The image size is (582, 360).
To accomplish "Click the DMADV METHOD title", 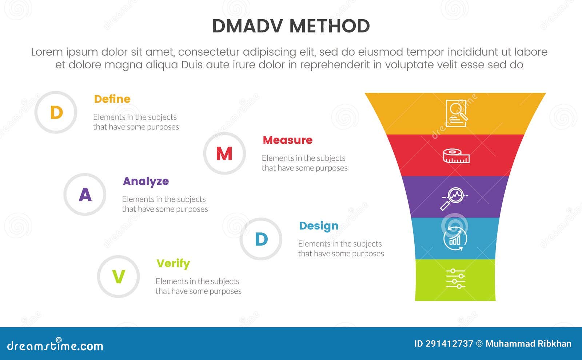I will (291, 26).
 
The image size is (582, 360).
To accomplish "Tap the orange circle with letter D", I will (56, 112).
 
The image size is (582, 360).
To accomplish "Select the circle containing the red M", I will (224, 153).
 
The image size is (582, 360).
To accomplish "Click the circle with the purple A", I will (85, 195).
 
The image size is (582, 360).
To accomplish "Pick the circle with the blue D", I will (261, 239).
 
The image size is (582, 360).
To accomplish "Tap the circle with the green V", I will (119, 277).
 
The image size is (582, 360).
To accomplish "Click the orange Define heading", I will (112, 99).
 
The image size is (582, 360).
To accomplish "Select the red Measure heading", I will (287, 140).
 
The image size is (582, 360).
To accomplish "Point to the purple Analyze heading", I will (145, 181).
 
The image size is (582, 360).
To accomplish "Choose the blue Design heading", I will (319, 226).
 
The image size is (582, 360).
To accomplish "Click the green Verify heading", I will (173, 263).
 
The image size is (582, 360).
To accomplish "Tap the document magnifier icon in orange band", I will (457, 113).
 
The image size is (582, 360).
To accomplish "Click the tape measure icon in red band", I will (456, 156).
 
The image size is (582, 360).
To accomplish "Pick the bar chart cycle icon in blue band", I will (455, 238).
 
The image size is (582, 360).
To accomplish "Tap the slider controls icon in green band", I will (455, 279).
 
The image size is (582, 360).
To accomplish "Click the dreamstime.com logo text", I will (55, 345).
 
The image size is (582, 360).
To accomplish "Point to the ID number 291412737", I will (443, 344).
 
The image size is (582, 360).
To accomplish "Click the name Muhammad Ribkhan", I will (528, 344).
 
